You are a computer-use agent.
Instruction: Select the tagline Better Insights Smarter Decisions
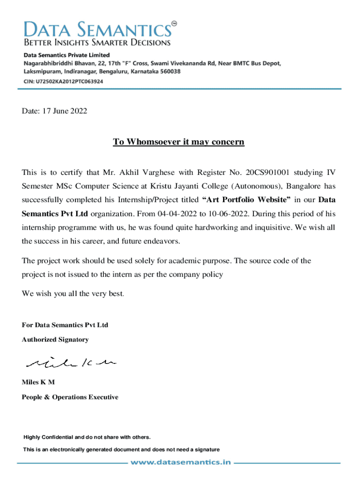pyautogui.click(x=97, y=43)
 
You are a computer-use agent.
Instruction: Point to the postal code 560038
pyautogui.click(x=169, y=72)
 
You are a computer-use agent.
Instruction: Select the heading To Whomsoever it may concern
pyautogui.click(x=178, y=142)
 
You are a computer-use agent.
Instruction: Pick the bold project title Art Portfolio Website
pyautogui.click(x=246, y=200)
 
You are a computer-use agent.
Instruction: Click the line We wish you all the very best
pyautogui.click(x=73, y=294)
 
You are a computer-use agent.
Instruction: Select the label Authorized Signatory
pyautogui.click(x=55, y=340)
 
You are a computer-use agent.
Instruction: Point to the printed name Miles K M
pyautogui.click(x=38, y=382)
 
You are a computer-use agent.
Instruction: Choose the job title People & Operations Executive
pyautogui.click(x=70, y=397)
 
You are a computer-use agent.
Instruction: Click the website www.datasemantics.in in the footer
pyautogui.click(x=180, y=462)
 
